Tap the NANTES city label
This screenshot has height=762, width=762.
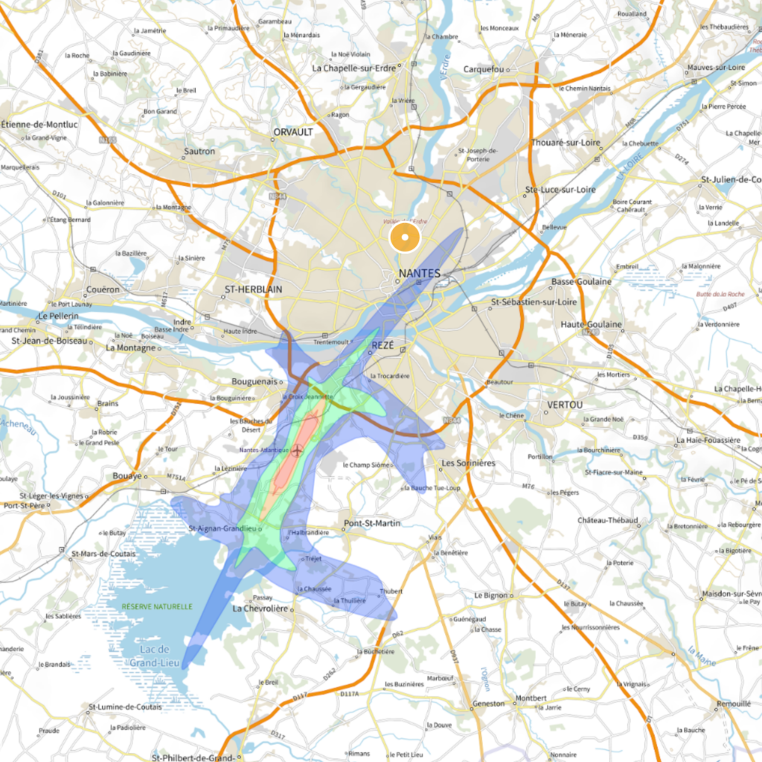tap(420, 274)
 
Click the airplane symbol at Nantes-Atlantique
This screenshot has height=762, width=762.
tap(298, 450)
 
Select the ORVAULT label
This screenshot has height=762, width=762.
tap(293, 132)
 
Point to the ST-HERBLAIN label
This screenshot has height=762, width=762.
tap(254, 289)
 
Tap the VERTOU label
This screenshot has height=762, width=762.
tap(565, 404)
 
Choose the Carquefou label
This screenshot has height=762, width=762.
tap(484, 69)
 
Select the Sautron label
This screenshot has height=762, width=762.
tap(199, 151)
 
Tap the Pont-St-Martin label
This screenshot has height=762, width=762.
tap(372, 523)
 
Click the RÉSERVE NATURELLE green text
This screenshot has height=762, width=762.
tap(158, 606)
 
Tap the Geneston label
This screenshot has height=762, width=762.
tap(489, 703)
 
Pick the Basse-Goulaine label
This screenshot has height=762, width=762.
tap(581, 281)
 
